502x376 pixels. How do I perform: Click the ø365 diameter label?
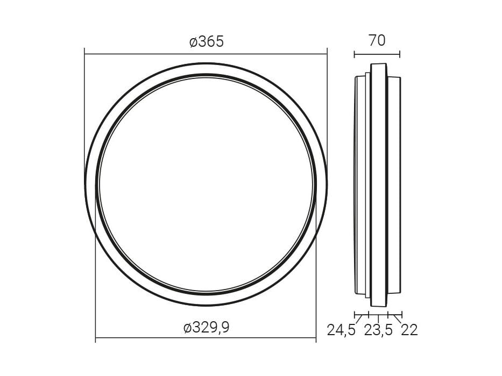point(206,42)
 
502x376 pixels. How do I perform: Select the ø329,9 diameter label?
point(206,328)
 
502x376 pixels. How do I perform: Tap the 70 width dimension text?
point(377,40)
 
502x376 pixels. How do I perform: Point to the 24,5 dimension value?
point(341,330)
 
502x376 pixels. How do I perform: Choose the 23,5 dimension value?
point(379,330)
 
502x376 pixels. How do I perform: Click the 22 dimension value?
point(409,330)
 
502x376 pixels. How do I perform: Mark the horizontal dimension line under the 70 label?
point(377,54)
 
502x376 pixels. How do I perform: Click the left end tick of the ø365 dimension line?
point(84,54)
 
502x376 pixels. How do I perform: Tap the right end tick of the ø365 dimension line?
point(327,54)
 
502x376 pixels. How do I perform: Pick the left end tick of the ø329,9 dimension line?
point(95,339)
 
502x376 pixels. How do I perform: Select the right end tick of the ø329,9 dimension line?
point(316,339)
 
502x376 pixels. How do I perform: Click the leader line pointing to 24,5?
point(359,320)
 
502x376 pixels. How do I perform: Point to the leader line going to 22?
point(397,319)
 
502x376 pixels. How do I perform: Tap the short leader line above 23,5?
point(379,318)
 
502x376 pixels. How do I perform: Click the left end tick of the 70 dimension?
point(355,54)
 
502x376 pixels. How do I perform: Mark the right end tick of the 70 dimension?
point(400,54)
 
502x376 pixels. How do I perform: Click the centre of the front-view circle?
point(206,184)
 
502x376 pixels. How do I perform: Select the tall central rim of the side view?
point(378,183)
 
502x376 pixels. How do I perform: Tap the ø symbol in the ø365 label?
point(194,42)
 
